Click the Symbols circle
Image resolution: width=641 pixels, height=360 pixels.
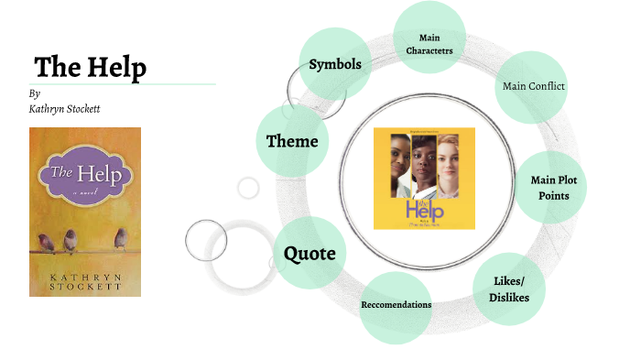click(335, 64)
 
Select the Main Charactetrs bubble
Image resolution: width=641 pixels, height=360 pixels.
click(429, 43)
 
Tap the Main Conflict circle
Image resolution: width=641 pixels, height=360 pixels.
click(534, 86)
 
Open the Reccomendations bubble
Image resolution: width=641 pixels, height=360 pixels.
click(396, 305)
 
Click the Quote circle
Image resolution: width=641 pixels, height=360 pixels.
click(309, 253)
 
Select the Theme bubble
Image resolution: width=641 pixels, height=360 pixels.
click(292, 141)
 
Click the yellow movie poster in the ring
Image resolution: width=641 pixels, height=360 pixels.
click(424, 178)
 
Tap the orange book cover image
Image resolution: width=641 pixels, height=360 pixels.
click(85, 212)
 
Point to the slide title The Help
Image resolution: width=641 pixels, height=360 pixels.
click(90, 68)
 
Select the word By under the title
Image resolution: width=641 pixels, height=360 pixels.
click(34, 93)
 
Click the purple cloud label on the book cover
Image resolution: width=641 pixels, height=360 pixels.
click(83, 174)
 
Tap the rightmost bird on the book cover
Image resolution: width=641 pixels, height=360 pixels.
click(120, 238)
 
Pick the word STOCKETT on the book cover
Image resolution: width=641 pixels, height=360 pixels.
click(84, 285)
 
